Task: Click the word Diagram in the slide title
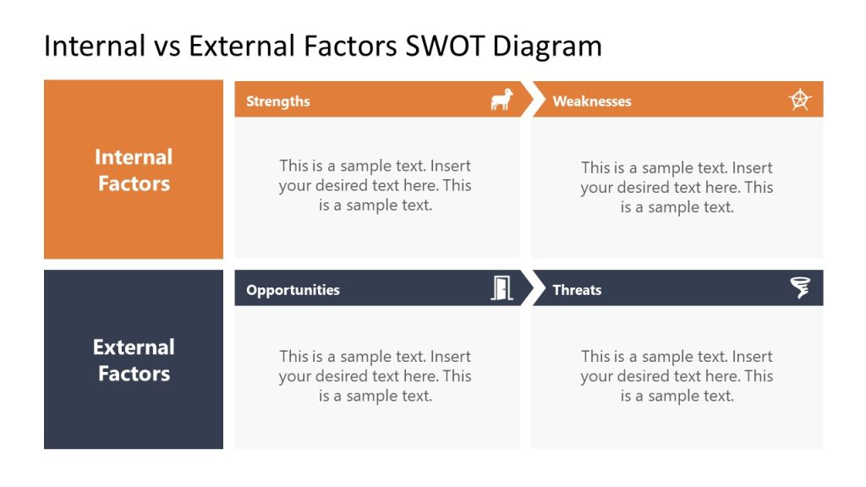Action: [x=548, y=46]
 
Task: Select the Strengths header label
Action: [x=277, y=101]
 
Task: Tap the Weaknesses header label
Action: [x=591, y=101]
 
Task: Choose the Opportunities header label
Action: [x=293, y=290]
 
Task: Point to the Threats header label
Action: [x=577, y=290]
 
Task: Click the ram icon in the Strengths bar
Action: [x=502, y=101]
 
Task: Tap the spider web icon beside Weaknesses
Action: [x=799, y=101]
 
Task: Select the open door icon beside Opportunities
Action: [x=502, y=289]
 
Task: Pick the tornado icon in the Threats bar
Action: [x=800, y=288]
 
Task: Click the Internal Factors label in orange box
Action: [x=134, y=170]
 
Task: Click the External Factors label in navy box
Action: [x=134, y=360]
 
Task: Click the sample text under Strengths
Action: [x=375, y=185]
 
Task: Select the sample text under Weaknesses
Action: [x=677, y=187]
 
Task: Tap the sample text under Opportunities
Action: [x=375, y=376]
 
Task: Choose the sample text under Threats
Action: [x=677, y=376]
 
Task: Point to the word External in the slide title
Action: [x=239, y=46]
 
